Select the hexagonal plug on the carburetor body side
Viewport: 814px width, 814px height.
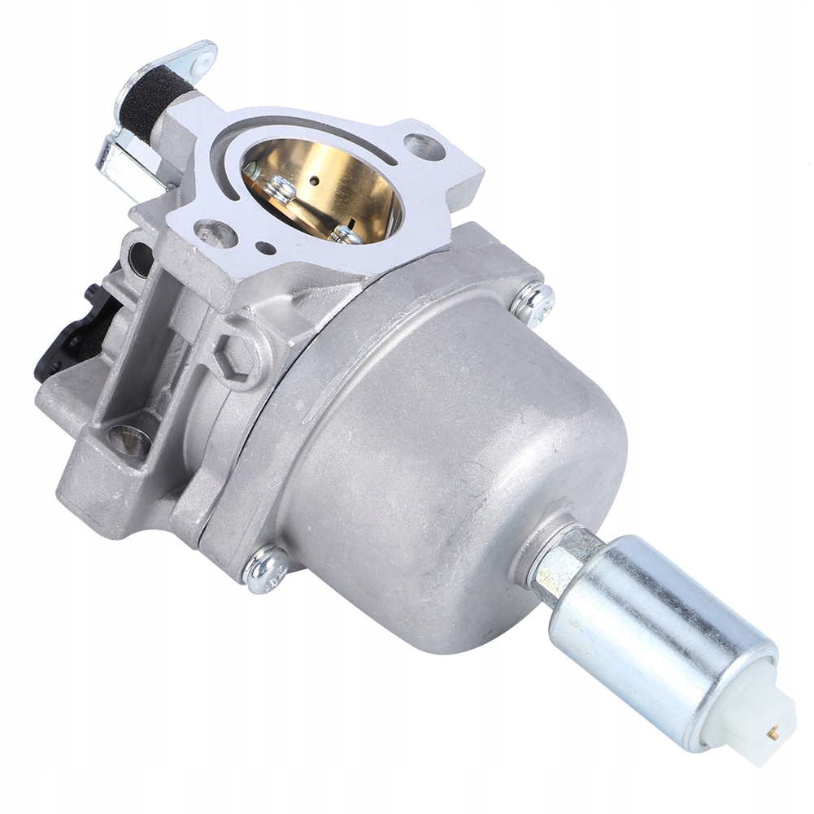click(236, 351)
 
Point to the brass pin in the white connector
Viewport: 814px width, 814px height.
click(773, 733)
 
